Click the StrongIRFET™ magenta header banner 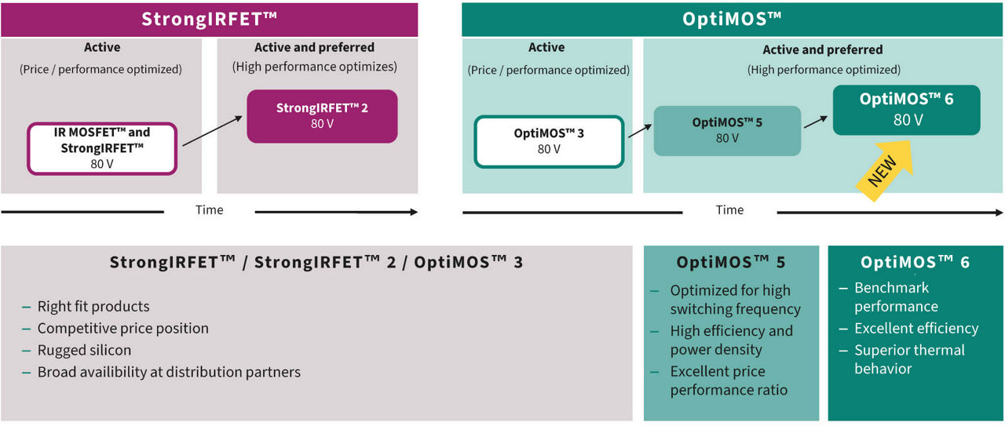209,19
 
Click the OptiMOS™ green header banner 732,19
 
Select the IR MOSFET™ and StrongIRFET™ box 102,147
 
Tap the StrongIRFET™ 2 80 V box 322,116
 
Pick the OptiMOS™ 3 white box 548,141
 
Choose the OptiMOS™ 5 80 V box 727,130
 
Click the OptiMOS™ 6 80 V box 906,109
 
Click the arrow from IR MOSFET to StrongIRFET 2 212,130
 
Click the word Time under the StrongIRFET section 209,209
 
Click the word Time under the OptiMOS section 729,209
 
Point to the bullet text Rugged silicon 84,350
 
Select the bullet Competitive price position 122,328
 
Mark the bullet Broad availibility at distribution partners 169,372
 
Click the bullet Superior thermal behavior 909,359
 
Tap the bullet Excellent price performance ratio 728,380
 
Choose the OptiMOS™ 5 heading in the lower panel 730,262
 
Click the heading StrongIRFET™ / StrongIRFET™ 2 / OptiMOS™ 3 316,262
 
